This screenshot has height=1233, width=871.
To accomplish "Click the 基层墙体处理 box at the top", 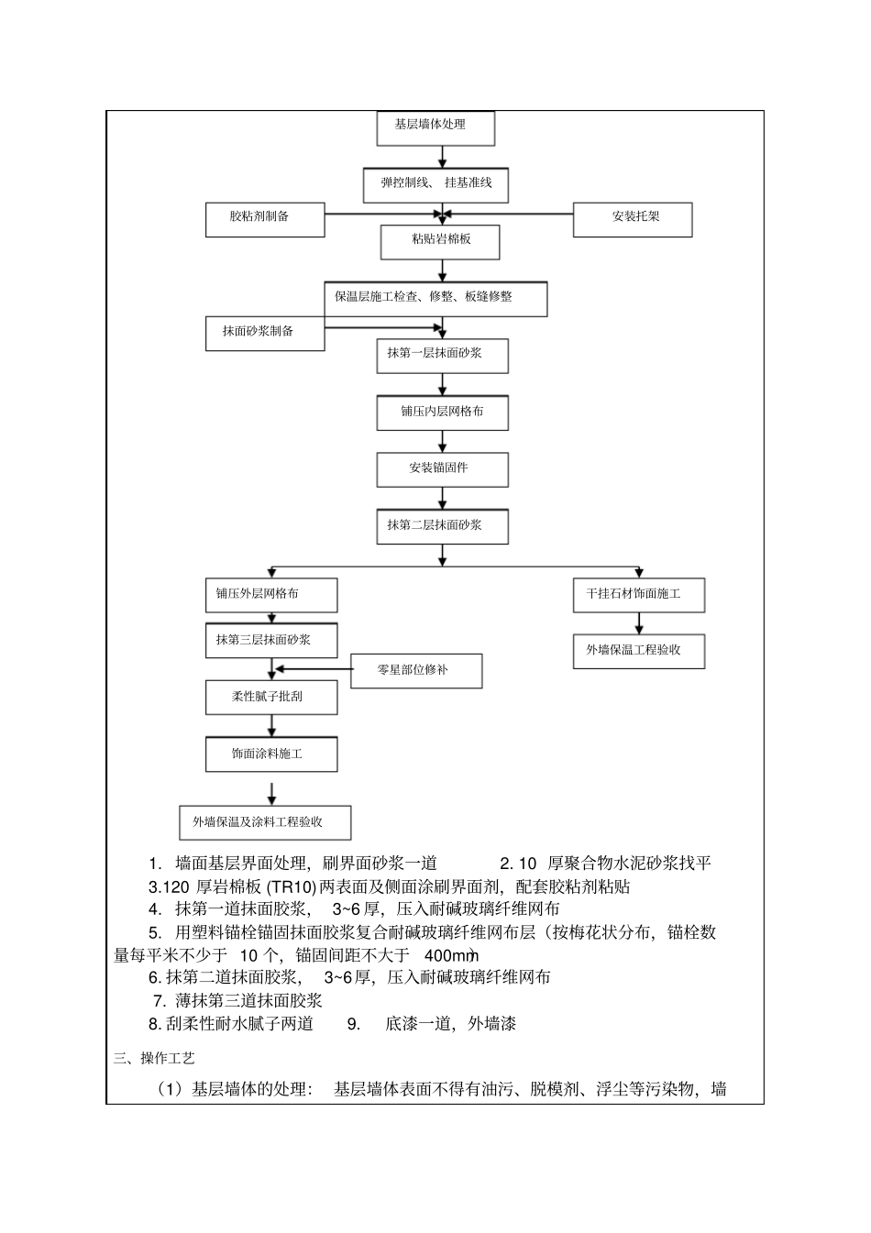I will pos(435,128).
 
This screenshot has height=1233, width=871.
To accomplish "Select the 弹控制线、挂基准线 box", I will pos(435,185).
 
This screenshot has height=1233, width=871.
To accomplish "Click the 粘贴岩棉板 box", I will pos(440,241).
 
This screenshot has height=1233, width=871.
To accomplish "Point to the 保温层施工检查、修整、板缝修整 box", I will pos(435,299).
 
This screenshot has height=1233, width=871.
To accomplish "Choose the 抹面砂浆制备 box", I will pos(265,333).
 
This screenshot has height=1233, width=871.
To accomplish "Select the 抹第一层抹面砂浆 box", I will pos(442,356).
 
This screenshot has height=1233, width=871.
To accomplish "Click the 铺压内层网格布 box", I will pos(442,413).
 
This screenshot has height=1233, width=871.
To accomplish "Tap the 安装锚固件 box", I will pos(442,469).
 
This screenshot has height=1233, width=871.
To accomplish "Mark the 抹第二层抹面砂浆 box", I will pos(442,527).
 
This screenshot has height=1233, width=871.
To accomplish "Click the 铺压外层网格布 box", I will pos(271,595).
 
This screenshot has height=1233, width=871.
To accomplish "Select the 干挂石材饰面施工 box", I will pos(639,595).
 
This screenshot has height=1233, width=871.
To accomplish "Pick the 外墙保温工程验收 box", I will pos(639,651).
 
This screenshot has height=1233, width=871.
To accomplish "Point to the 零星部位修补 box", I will pos(416,671).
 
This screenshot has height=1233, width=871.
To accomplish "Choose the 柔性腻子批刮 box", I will pos(271,698).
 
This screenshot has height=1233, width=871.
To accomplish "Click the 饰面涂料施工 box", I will pos(271,754).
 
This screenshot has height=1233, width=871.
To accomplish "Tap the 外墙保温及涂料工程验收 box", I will pos(265,822).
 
